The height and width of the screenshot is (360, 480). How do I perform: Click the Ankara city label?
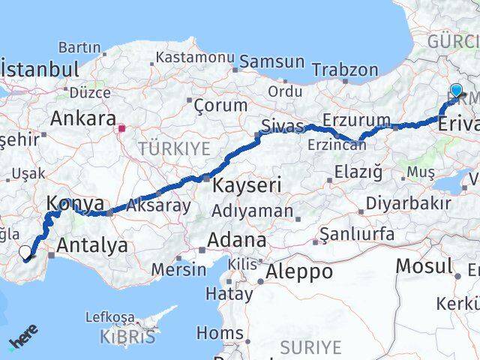pos(82,118)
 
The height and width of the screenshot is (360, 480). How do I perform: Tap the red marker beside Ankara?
pos(121,128)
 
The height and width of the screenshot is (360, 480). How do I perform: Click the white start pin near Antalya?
pos(25,253)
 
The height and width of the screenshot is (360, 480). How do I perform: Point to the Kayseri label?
pos(247,184)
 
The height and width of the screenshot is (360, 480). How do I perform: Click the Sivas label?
pos(282,125)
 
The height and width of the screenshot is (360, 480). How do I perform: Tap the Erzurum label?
pos(356,120)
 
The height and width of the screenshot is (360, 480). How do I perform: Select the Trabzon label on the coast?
pos(345,70)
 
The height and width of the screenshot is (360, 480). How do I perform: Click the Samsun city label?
pos(271,62)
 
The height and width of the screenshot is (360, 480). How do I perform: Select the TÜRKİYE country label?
pos(173,148)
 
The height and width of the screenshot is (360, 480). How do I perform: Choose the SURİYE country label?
pos(310,346)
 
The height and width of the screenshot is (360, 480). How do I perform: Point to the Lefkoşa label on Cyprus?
pos(109,317)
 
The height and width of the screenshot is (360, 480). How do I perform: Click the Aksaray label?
pos(158,205)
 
